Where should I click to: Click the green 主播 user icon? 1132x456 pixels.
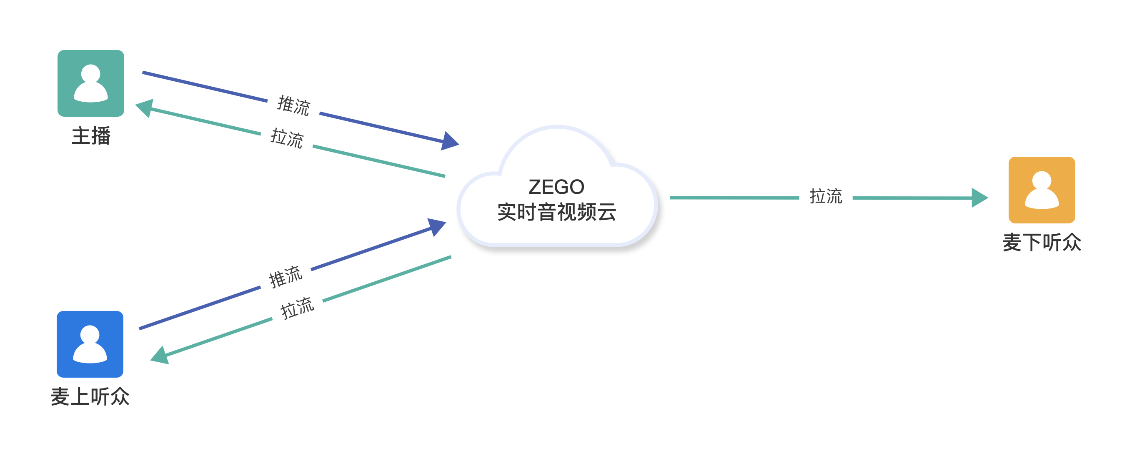[90, 83]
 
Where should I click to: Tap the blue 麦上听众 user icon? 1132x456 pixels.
[90, 344]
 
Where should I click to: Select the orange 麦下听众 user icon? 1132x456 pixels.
[1042, 190]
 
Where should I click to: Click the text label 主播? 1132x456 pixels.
[91, 136]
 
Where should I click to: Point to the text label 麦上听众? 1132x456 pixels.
[90, 397]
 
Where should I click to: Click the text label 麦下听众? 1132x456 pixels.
[1042, 243]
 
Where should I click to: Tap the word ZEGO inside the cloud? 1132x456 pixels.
[556, 187]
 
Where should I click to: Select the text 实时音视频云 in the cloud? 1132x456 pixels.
[557, 212]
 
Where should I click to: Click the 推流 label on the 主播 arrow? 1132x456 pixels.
[293, 105]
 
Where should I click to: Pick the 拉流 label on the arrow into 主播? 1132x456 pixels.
[287, 138]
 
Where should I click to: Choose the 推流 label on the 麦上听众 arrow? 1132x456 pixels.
[286, 277]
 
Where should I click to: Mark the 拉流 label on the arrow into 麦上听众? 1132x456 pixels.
[298, 308]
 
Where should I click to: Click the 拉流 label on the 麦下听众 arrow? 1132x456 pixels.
[826, 196]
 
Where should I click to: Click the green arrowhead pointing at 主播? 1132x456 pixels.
[145, 108]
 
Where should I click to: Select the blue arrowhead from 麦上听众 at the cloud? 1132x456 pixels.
[437, 226]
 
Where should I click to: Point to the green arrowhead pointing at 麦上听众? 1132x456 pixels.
[160, 355]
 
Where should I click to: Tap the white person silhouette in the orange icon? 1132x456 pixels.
[1042, 190]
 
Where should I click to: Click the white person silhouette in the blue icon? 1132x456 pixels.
[90, 344]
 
